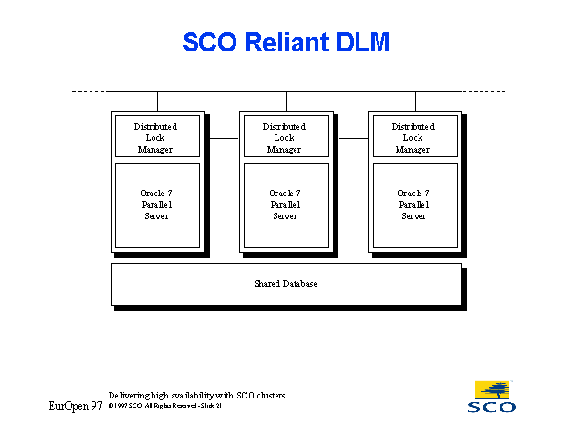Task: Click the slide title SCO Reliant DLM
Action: (286, 43)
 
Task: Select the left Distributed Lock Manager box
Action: (155, 137)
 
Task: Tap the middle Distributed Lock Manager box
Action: (284, 137)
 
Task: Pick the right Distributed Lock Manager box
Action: (413, 137)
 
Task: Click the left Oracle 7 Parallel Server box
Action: (155, 204)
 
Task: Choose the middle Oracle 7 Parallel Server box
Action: (284, 204)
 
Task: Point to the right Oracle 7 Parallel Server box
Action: (413, 204)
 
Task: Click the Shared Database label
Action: (286, 284)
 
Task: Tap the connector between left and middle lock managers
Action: (223, 138)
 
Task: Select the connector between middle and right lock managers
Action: (352, 138)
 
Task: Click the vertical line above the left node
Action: (157, 100)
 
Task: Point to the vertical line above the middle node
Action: (286, 100)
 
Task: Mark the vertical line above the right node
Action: (415, 100)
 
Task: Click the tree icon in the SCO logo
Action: (493, 390)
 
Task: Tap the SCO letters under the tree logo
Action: (493, 407)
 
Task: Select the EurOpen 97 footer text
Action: (75, 406)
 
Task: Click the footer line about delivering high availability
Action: (197, 395)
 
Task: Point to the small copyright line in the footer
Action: (165, 406)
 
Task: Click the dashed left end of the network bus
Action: (89, 92)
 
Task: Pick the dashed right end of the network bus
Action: (484, 92)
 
